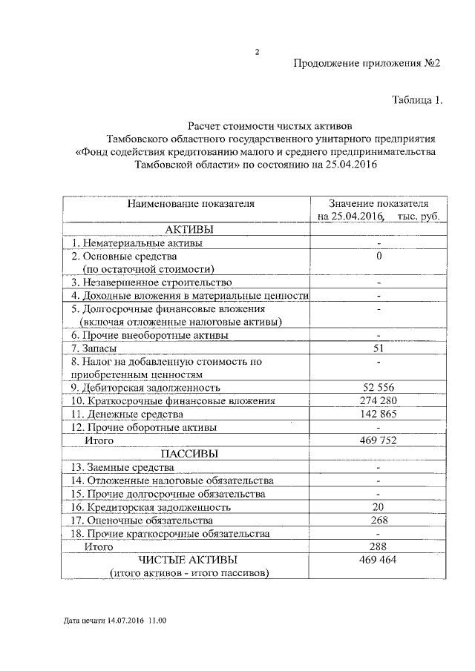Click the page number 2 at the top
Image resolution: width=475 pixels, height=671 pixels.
(x=257, y=52)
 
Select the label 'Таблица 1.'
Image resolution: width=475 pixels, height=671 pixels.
(x=417, y=100)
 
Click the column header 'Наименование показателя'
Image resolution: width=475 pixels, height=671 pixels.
(x=190, y=202)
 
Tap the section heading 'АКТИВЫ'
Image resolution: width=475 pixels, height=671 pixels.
(x=189, y=228)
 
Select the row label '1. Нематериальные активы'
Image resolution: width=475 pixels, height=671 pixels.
(x=137, y=242)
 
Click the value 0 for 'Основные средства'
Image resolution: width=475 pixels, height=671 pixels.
(x=379, y=256)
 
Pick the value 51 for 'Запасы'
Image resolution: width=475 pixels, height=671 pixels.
(x=379, y=348)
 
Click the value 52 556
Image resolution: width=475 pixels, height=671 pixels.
(x=379, y=387)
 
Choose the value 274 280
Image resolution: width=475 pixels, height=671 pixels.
(x=379, y=400)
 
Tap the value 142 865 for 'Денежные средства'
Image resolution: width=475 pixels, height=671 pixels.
(x=379, y=414)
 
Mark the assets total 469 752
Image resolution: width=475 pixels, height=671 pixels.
(x=379, y=440)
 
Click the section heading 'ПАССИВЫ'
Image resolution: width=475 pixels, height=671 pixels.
(x=189, y=454)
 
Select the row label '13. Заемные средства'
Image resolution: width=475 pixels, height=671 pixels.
(x=123, y=467)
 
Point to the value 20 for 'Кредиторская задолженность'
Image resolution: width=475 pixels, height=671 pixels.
(x=379, y=507)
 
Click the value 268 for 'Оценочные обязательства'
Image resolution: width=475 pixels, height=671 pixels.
(x=379, y=520)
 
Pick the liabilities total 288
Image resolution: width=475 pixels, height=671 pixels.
(x=379, y=546)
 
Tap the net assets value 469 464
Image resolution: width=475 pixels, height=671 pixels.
(x=379, y=560)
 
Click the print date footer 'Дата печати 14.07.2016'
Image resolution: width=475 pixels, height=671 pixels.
(x=103, y=621)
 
